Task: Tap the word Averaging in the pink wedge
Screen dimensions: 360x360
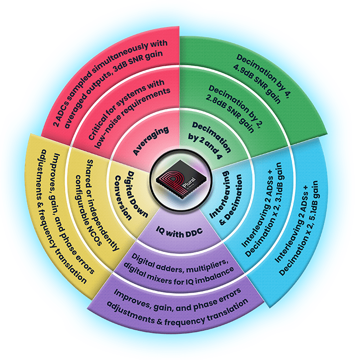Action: [x=151, y=140]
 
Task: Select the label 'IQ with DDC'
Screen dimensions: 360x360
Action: [x=179, y=232]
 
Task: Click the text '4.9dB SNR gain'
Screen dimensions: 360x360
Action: [x=257, y=83]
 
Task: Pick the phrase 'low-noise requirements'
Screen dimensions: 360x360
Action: [x=133, y=118]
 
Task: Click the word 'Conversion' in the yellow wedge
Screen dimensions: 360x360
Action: [x=123, y=197]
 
